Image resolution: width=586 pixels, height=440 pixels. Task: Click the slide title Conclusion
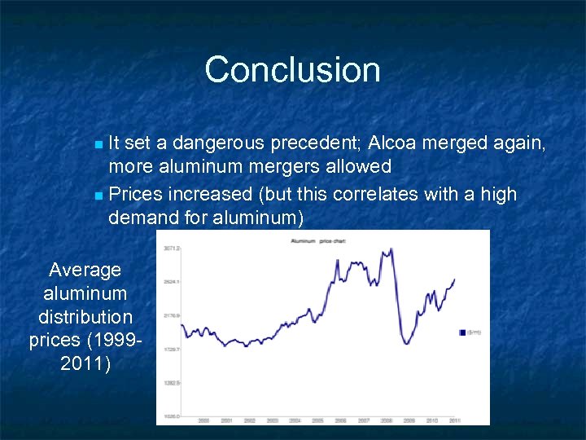pyautogui.click(x=292, y=69)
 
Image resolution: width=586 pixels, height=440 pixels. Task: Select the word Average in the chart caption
pyautogui.click(x=85, y=270)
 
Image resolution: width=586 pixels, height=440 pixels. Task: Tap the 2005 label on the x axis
pyautogui.click(x=317, y=420)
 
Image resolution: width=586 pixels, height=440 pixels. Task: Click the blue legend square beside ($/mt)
pyautogui.click(x=462, y=332)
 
